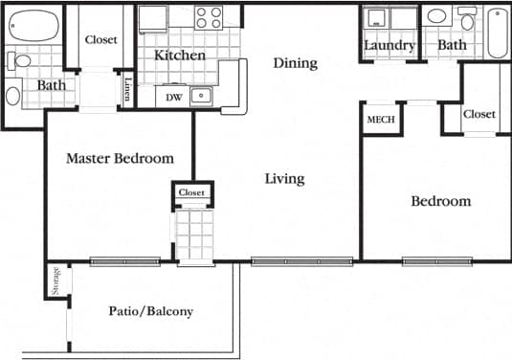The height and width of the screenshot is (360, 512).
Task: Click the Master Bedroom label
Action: pyautogui.click(x=120, y=158)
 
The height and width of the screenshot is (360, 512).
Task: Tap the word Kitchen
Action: pyautogui.click(x=180, y=56)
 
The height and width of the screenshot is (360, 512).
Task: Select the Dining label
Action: pyautogui.click(x=295, y=63)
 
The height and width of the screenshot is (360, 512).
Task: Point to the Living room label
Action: pyautogui.click(x=285, y=178)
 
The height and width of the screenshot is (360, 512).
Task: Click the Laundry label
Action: pyautogui.click(x=390, y=45)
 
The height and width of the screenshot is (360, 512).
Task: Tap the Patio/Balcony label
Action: pyautogui.click(x=150, y=311)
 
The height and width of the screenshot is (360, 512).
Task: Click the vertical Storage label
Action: pyautogui.click(x=56, y=281)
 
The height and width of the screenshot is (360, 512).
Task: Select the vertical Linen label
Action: pyautogui.click(x=128, y=89)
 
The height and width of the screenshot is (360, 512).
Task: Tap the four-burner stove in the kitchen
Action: pyautogui.click(x=209, y=16)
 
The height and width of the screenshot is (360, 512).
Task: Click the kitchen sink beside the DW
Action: pyautogui.click(x=201, y=95)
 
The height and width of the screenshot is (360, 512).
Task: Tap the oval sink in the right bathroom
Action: pyautogui.click(x=435, y=16)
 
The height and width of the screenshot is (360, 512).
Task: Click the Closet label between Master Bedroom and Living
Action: pyautogui.click(x=191, y=193)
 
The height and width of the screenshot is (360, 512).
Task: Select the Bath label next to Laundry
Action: pyautogui.click(x=452, y=45)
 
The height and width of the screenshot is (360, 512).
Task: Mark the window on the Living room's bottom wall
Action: pyautogui.click(x=301, y=260)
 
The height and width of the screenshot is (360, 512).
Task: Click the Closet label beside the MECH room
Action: pyautogui.click(x=479, y=114)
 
